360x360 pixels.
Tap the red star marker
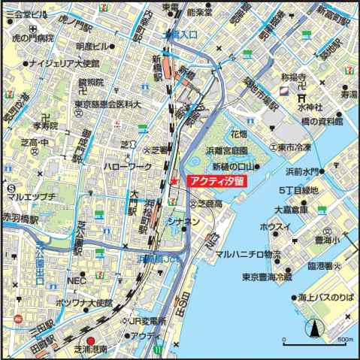(x=174, y=181)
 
